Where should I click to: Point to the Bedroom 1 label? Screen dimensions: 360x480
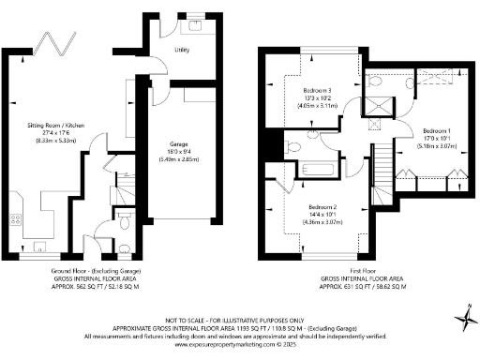(438, 130)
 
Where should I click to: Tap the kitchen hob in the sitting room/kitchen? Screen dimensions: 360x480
(15, 223)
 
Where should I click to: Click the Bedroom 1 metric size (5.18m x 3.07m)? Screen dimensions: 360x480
(438, 145)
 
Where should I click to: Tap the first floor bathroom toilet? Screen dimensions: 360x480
(292, 146)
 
